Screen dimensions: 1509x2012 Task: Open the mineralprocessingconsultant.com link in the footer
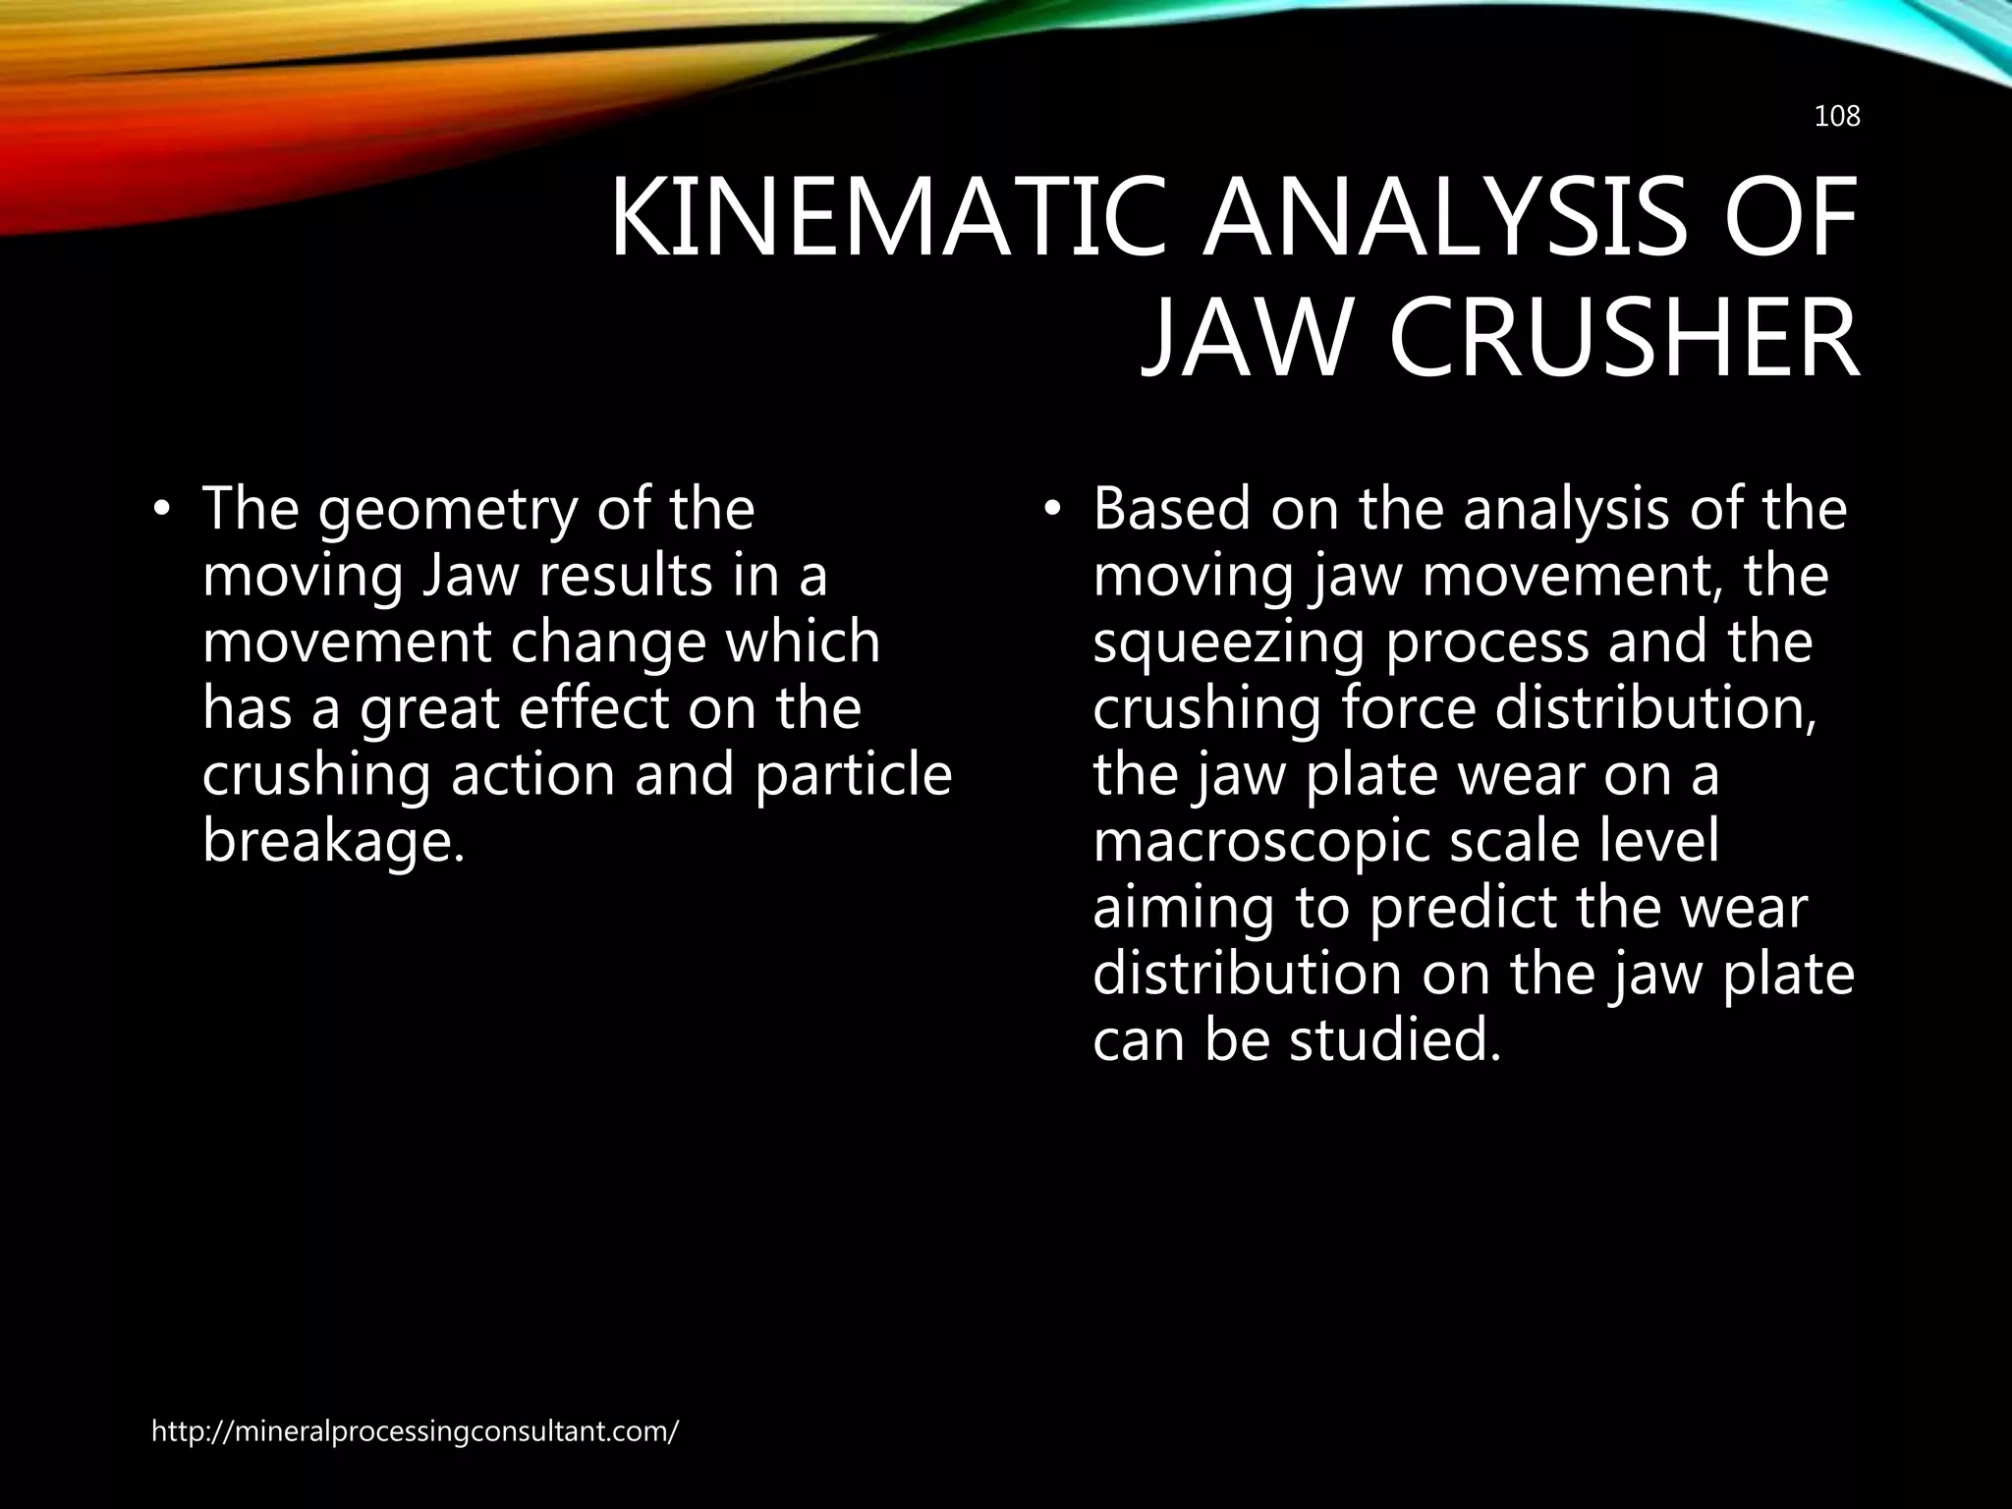tap(415, 1430)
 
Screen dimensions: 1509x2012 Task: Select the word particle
tap(854, 774)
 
